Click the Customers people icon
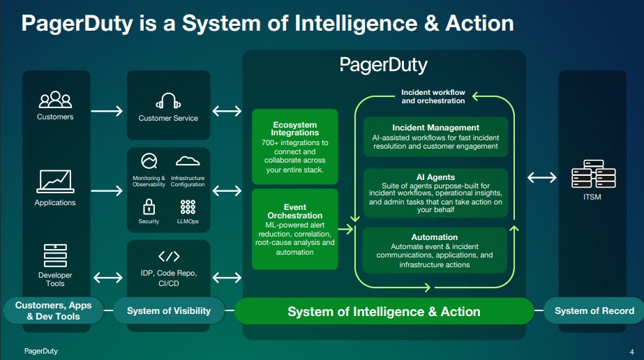55,100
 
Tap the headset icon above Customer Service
168,102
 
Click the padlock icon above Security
149,206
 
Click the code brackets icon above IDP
169,256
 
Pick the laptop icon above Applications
55,181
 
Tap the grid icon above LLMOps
188,207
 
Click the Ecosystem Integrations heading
295,128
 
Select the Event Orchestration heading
295,211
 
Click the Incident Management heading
435,128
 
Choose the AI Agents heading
435,177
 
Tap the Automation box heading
435,237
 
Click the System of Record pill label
594,310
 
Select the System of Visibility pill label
168,310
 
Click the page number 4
631,351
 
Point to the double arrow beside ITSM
542,177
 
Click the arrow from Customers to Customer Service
107,110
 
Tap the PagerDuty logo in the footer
41,351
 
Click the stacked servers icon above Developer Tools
55,256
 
